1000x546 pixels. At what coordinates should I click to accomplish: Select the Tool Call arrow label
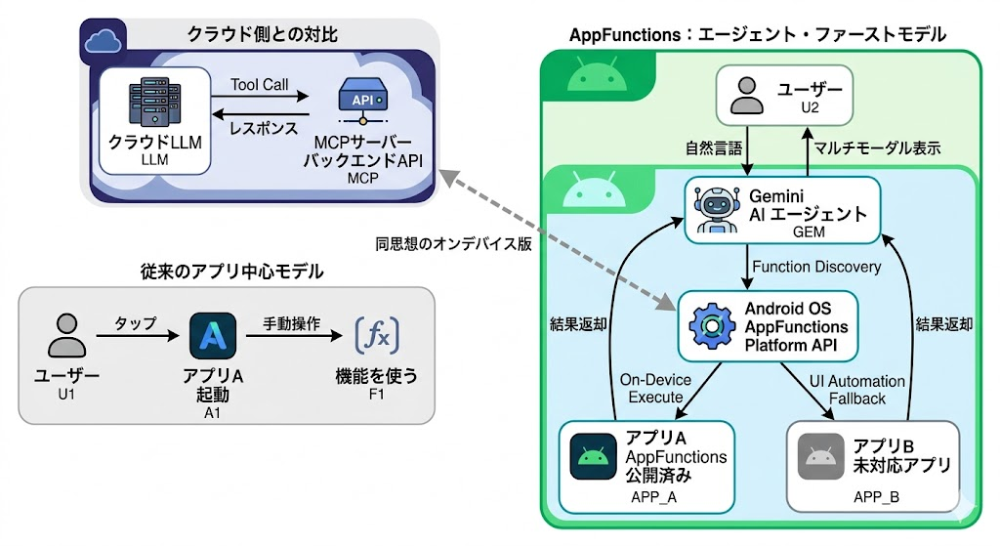click(260, 85)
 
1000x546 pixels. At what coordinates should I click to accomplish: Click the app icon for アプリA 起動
click(213, 337)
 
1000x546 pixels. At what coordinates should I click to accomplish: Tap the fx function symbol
click(377, 336)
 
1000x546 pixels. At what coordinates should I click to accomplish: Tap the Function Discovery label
click(815, 267)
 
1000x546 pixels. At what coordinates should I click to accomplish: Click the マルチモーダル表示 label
click(877, 149)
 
